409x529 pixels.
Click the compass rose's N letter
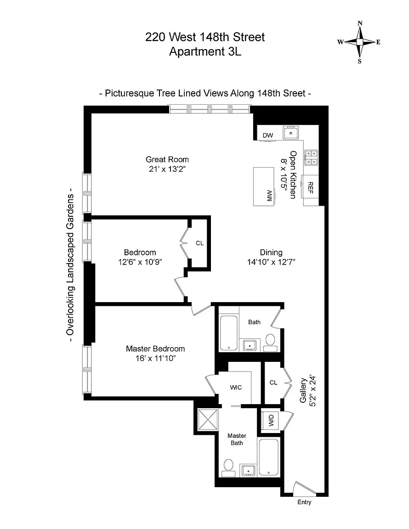pos(360,23)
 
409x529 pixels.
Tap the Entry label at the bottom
pos(304,502)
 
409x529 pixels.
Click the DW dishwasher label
pos(268,135)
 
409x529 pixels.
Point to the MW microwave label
pos(269,196)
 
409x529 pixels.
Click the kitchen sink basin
pos(291,133)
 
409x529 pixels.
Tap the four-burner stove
pos(311,158)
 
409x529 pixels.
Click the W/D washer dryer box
pos(272,420)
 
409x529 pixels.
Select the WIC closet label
pos(236,387)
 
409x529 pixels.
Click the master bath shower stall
pos(208,419)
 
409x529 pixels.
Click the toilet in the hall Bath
pos(270,342)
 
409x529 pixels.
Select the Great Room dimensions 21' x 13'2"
pos(167,169)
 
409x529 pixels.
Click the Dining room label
pos(271,253)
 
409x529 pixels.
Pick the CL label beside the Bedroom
pos(199,243)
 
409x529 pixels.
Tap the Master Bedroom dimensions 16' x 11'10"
pos(155,358)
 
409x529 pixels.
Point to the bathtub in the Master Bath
pos(269,457)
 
